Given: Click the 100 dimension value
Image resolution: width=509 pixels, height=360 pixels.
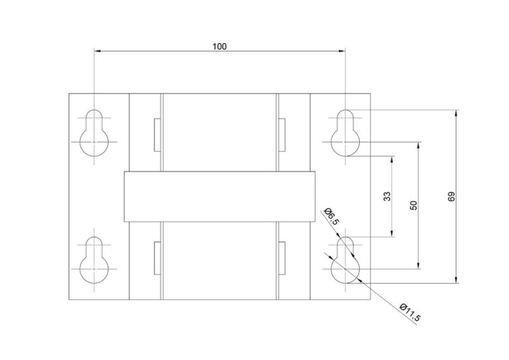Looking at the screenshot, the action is point(219,46).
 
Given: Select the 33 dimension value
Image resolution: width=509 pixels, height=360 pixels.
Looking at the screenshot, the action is point(387,196).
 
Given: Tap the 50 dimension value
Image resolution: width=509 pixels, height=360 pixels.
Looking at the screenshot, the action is point(414,205).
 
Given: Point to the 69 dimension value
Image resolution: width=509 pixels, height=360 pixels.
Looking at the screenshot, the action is point(451,197).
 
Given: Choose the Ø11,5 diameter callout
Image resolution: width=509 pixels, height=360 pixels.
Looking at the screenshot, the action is point(410,312).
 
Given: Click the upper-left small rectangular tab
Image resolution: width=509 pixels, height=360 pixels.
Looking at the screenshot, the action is point(158,135).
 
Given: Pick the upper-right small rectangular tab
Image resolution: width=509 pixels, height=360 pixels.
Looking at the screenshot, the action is point(282,135).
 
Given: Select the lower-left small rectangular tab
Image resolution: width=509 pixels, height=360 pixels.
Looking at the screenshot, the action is point(158,258).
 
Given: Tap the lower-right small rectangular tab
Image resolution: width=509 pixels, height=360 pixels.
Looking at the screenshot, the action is point(282,258).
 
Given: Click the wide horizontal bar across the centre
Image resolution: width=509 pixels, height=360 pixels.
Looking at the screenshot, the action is point(219,197).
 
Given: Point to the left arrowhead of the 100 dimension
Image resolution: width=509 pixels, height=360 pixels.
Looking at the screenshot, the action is point(97,51).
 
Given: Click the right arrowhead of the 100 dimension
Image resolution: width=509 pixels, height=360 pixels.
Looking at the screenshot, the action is point(342,51).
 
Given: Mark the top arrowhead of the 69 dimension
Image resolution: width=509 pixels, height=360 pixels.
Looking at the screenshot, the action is point(457,113).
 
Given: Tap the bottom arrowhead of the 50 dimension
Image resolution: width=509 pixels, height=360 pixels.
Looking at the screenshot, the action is point(419,266).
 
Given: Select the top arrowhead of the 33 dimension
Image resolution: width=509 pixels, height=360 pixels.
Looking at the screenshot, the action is point(392,160).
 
